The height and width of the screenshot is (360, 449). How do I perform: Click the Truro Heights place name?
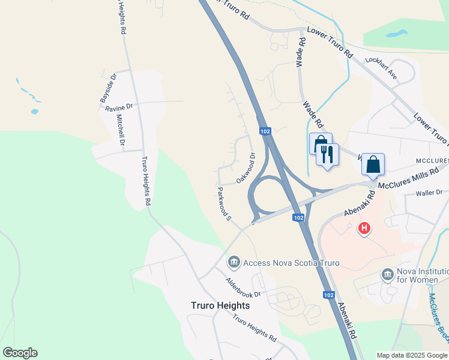(x=220, y=305)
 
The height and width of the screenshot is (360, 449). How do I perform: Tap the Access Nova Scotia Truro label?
(x=291, y=263)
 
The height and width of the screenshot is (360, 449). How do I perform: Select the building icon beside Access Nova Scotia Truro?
(x=234, y=262)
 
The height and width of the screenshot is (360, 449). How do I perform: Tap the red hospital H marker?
(x=364, y=229)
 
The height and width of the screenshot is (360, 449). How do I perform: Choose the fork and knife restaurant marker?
(x=327, y=155)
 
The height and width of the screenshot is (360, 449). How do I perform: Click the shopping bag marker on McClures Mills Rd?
(x=373, y=164)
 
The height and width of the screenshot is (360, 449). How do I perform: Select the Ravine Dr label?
(x=118, y=107)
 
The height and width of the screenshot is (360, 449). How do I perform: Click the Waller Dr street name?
(x=429, y=193)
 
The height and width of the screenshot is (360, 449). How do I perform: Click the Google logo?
(x=20, y=353)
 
